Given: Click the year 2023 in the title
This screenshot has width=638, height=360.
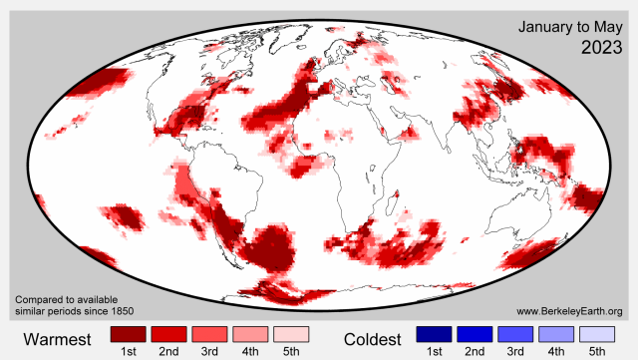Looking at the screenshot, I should [x=597, y=47].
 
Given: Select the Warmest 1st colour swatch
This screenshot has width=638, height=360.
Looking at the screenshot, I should [x=129, y=333].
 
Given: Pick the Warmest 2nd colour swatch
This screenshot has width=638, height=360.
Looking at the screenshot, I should [x=169, y=333].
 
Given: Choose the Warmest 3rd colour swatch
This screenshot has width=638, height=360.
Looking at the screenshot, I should [x=210, y=333].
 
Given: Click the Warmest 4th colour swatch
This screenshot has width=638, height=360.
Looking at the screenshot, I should [x=251, y=333].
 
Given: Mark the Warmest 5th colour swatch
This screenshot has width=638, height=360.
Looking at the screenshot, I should [x=292, y=333].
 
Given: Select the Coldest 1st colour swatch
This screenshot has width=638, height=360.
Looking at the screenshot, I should [x=435, y=333].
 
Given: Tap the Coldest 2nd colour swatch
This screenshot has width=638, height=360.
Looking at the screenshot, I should [x=476, y=333].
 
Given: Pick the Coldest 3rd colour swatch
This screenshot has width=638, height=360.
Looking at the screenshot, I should [x=516, y=333].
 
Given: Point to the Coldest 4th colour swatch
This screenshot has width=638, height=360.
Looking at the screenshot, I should [x=557, y=333].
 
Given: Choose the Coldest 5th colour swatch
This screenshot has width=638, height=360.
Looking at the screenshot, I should [x=598, y=333].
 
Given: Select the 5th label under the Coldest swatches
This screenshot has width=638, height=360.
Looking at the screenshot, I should [x=598, y=351].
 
